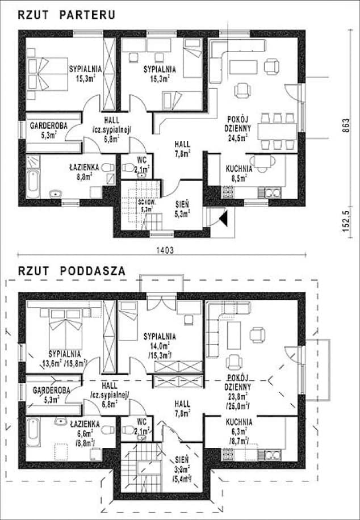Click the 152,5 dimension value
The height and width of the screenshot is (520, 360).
(345, 219)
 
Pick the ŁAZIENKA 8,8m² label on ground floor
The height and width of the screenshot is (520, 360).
(85, 171)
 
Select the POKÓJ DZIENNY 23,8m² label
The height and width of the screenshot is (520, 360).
(239, 389)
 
